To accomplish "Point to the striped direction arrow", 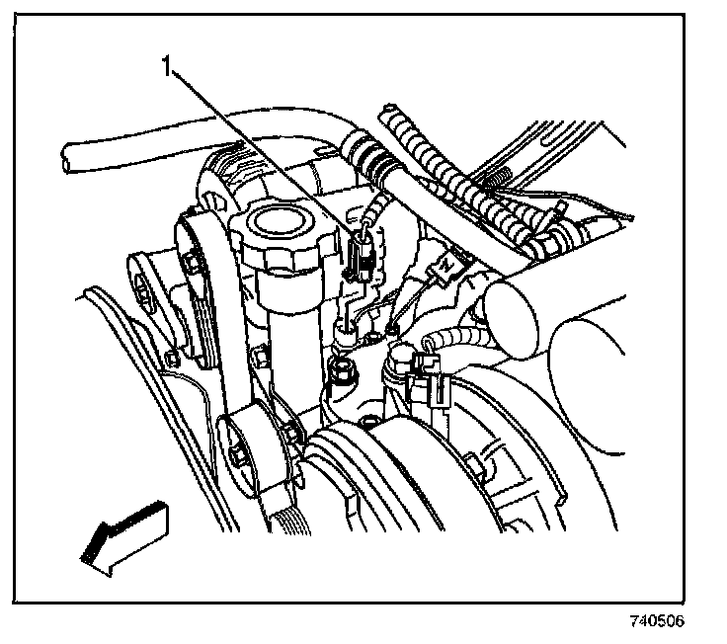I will [123, 534].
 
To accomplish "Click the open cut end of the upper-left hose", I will [66, 157].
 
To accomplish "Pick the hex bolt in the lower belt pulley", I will [241, 455].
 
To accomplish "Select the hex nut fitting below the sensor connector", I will [344, 373].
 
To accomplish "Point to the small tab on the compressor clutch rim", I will [475, 464].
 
